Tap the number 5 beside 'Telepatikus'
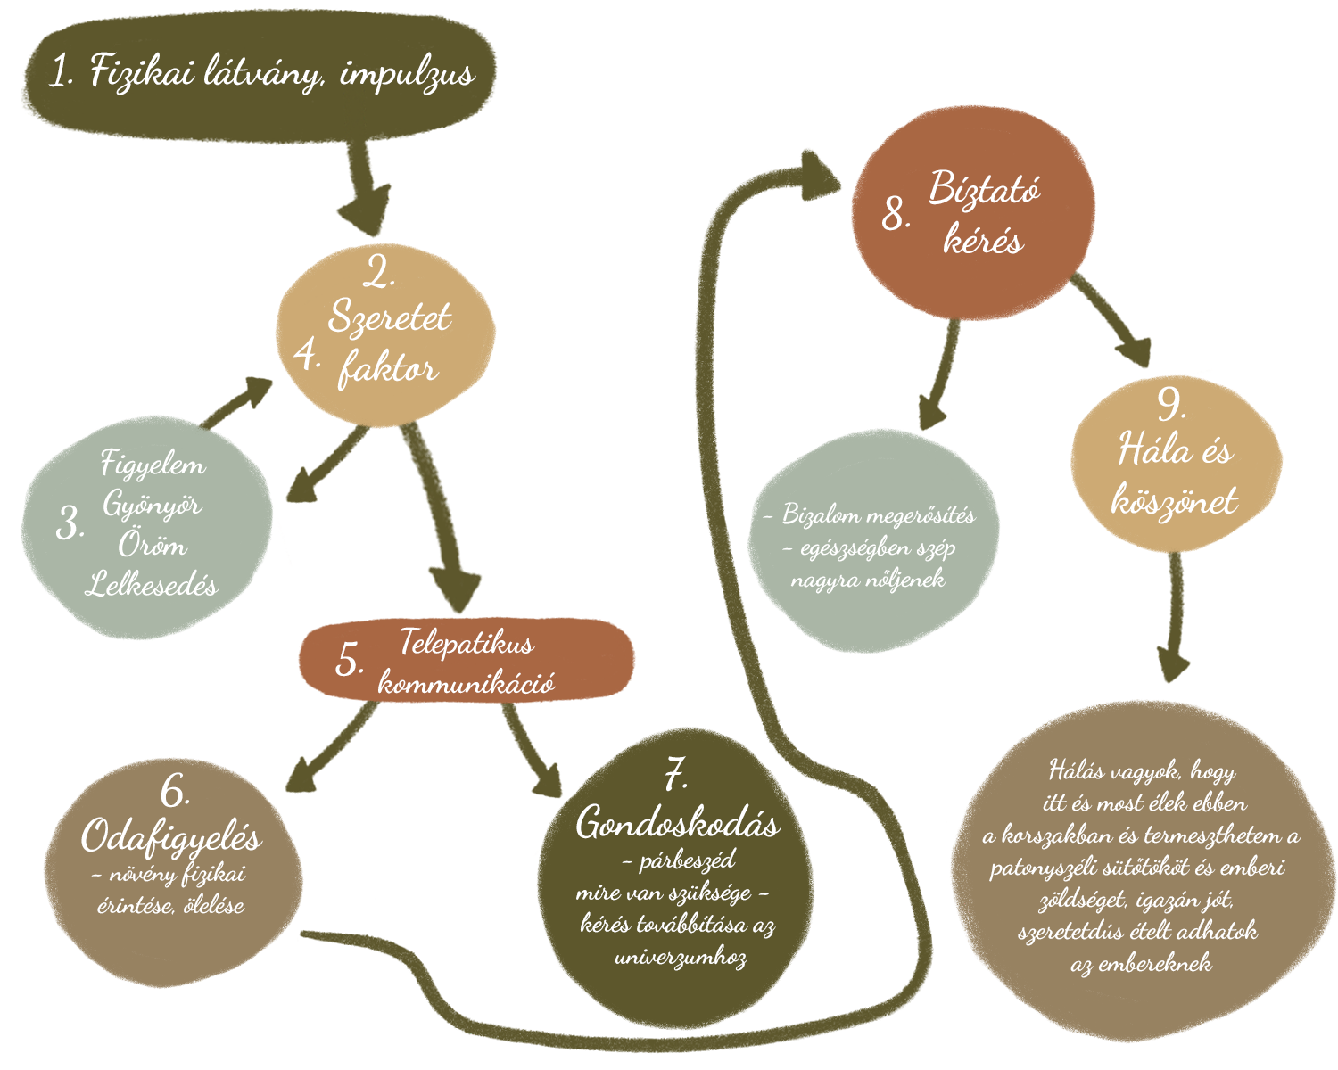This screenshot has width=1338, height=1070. coord(349,662)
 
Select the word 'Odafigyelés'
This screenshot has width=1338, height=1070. coord(171,836)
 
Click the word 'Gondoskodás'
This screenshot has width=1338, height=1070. coord(678,822)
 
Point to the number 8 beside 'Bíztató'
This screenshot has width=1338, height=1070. coord(895,215)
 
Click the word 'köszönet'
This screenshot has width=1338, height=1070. coord(1174,500)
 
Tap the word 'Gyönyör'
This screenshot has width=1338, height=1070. coord(153,505)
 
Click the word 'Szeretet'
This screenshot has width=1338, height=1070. coord(390,317)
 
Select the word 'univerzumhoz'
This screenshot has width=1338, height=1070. coord(681,958)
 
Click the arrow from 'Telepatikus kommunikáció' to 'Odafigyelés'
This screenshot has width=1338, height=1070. coord(330,747)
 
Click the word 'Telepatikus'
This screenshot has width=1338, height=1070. coord(466,642)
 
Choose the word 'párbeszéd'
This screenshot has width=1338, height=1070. coord(687,861)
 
